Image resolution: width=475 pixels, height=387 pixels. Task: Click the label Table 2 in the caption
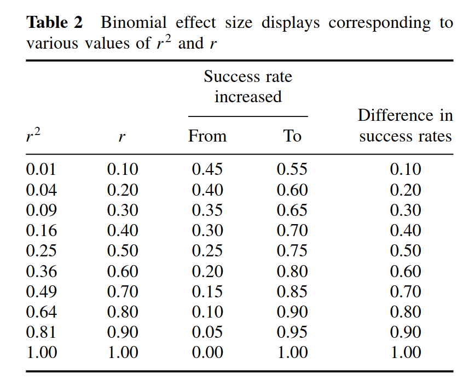[55, 23]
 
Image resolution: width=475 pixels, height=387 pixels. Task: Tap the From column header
[207, 136]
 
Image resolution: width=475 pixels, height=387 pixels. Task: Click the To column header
[292, 136]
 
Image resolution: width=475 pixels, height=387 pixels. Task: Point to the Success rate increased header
[248, 86]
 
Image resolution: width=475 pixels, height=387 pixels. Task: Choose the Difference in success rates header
[405, 126]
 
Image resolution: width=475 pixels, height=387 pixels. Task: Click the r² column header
[33, 136]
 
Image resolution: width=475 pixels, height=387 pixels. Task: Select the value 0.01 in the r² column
[41, 169]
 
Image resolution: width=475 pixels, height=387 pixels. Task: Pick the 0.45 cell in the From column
[207, 169]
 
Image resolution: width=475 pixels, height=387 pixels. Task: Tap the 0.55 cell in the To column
[292, 169]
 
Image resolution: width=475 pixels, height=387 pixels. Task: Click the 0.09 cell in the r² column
[41, 210]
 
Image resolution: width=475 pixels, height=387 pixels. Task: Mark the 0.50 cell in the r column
[123, 251]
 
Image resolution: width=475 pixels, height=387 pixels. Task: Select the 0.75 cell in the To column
[292, 251]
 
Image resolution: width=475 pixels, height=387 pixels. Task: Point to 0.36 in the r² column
[41, 271]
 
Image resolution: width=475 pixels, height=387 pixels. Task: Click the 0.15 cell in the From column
[207, 291]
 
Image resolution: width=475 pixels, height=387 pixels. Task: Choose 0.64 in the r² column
[41, 312]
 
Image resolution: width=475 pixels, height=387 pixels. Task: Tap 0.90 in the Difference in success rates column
[405, 332]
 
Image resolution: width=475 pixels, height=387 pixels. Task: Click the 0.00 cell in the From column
[207, 353]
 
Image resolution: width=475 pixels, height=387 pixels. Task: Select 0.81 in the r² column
[41, 332]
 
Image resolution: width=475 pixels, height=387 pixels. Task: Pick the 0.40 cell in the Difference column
[405, 231]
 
